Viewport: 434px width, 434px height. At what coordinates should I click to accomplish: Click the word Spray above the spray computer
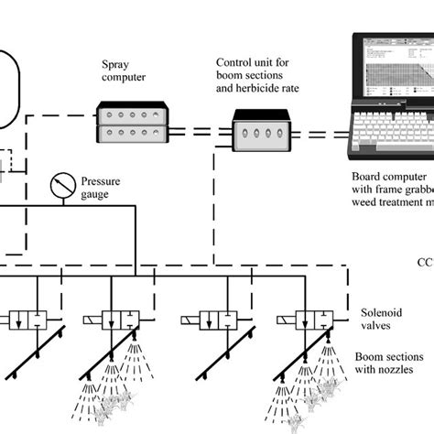(x=117, y=66)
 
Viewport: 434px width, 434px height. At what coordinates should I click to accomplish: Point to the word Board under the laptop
(x=367, y=176)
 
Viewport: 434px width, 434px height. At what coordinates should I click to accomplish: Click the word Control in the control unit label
(x=234, y=62)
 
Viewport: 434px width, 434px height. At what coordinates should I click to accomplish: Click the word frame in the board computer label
(x=396, y=190)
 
